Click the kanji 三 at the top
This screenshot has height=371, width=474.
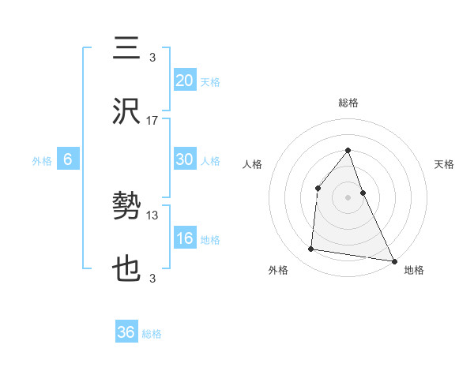click(x=127, y=49)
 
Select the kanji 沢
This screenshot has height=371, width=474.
click(x=127, y=111)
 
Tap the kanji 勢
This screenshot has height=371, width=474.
click(x=127, y=207)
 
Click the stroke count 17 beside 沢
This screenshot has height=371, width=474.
click(x=152, y=120)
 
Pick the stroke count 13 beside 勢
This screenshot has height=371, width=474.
click(x=152, y=215)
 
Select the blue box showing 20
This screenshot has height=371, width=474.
click(x=185, y=80)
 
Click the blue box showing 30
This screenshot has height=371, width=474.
click(x=185, y=159)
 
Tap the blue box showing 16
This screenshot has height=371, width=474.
click(x=185, y=238)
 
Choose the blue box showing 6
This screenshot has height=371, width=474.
click(x=68, y=159)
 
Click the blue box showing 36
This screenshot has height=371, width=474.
click(x=126, y=332)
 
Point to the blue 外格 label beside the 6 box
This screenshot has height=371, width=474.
click(x=42, y=160)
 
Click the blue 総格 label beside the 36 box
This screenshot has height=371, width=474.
click(x=152, y=334)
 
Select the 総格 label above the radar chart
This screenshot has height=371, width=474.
click(x=348, y=103)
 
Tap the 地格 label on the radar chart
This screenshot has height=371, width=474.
click(x=414, y=270)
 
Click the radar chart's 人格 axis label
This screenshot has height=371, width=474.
click(x=253, y=164)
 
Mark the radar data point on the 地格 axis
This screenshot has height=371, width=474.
click(x=393, y=260)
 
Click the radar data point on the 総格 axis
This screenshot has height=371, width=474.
click(x=348, y=150)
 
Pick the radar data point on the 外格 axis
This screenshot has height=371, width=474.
click(x=311, y=249)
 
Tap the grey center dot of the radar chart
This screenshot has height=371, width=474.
click(x=348, y=197)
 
